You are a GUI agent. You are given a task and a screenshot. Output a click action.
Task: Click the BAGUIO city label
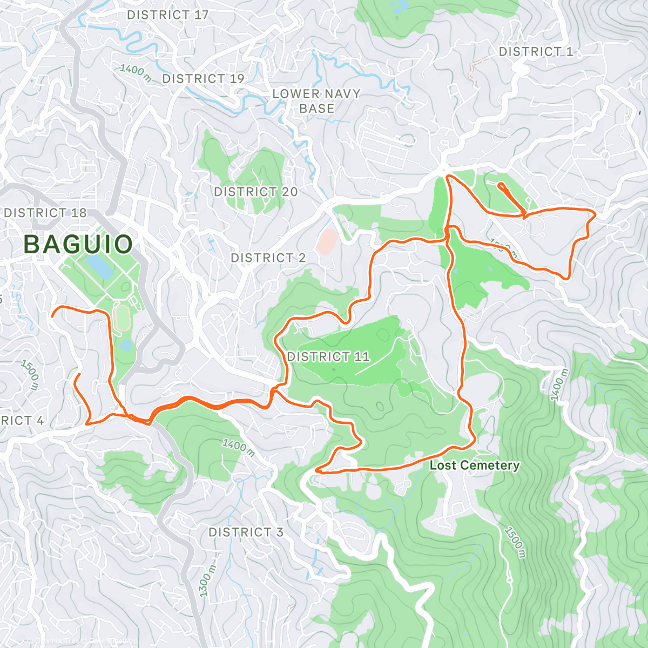tap(78, 245)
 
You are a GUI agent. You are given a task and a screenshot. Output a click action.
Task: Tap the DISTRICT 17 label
tap(167, 15)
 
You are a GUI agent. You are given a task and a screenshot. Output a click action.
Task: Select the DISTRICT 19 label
tap(203, 79)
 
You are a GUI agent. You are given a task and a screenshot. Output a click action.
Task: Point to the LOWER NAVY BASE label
tap(316, 101)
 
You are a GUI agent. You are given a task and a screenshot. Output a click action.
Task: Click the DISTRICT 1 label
tap(536, 52)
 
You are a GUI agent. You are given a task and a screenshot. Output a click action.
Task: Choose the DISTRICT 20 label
tap(256, 192)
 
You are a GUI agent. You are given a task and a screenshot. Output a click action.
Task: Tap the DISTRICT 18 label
tap(45, 213)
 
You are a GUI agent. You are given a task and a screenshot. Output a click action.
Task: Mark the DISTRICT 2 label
tap(268, 258)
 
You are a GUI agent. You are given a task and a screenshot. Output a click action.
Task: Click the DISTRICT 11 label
tap(328, 356)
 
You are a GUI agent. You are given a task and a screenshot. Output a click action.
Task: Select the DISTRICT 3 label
tap(246, 532)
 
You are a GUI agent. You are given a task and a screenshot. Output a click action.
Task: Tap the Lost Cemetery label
tap(475, 465)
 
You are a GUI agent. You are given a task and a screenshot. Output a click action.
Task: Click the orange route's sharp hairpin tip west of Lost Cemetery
tap(315, 471)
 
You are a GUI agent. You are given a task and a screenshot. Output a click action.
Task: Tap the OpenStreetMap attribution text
tap(113, 642)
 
